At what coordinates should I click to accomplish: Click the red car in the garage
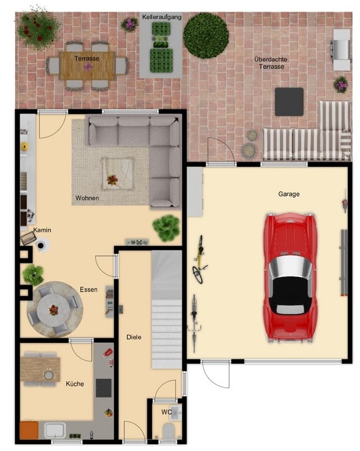tap(291, 277)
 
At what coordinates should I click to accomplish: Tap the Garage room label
tap(289, 194)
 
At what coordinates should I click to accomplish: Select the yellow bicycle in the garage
tap(199, 259)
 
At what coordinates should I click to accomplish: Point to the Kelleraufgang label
tap(162, 17)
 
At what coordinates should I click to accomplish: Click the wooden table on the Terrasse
tap(88, 66)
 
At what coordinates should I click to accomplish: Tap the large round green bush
tap(206, 36)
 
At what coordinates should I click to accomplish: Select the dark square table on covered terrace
tap(289, 102)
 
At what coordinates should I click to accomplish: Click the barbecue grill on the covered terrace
tap(341, 50)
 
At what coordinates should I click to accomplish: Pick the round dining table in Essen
tap(54, 310)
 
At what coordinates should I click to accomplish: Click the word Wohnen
tap(87, 198)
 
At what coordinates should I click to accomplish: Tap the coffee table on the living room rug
tap(118, 173)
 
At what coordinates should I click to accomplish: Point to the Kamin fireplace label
tap(42, 230)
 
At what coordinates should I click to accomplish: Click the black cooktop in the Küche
tap(103, 388)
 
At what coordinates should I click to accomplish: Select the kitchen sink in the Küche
tap(55, 431)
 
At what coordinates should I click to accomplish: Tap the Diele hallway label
tap(134, 337)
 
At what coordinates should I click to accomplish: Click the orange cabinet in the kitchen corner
tap(29, 431)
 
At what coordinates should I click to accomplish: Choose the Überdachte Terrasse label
tap(271, 62)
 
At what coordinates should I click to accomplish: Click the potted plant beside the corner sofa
tap(166, 228)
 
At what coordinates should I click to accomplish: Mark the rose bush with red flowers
tap(37, 29)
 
